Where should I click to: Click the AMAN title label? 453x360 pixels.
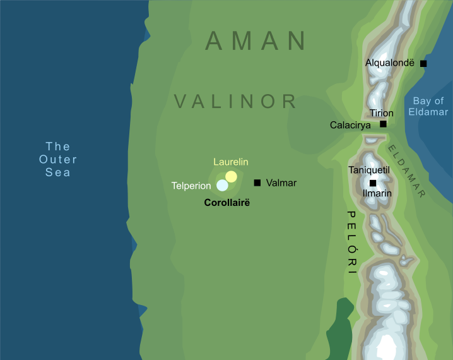coord(256,41)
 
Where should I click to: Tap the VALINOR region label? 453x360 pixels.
coord(235,101)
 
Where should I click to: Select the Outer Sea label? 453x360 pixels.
coord(57,160)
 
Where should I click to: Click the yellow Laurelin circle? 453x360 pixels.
coord(232,176)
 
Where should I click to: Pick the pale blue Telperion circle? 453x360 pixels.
coord(222,186)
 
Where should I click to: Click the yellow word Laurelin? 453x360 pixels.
coord(231,162)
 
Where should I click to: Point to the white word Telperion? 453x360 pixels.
coord(191,186)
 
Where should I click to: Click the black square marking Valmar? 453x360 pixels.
coord(257,183)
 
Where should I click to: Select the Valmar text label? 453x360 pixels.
coord(281,183)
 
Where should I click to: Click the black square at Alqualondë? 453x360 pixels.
coord(423,63)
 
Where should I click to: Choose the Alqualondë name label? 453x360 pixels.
coord(390,63)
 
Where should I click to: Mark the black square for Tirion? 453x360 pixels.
coord(383,124)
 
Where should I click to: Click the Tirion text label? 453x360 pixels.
coord(382,113)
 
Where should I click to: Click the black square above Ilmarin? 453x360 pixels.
coord(373,183)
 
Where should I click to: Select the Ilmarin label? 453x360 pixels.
coord(377,193)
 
